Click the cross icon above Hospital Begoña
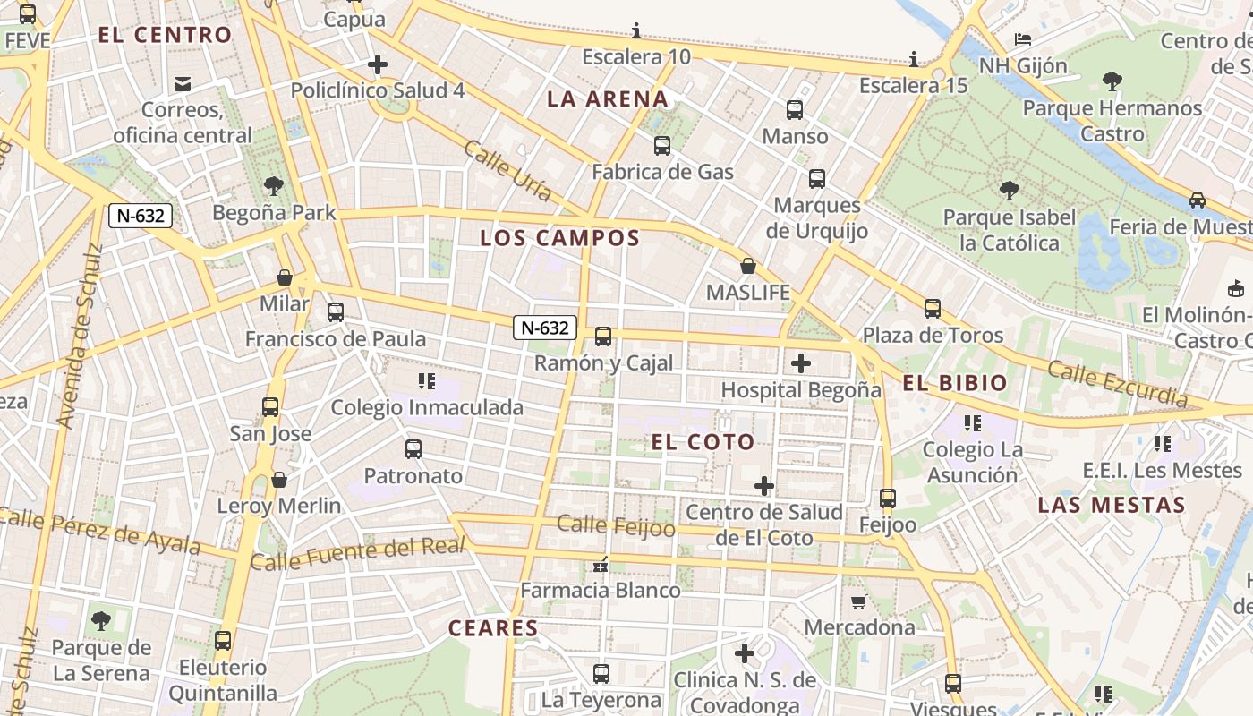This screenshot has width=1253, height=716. (801, 363)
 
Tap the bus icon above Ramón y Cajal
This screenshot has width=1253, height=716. (603, 337)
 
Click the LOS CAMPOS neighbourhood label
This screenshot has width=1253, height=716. (560, 238)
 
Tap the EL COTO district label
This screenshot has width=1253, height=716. (703, 442)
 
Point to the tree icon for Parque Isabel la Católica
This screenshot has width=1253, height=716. (1010, 191)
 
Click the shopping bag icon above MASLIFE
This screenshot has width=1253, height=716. (748, 266)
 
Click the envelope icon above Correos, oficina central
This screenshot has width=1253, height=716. (183, 84)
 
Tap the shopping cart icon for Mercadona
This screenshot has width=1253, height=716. (858, 601)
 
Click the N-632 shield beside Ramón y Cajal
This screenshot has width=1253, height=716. (544, 328)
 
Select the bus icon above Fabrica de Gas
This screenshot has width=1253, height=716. (662, 146)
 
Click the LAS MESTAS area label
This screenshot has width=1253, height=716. (1112, 505)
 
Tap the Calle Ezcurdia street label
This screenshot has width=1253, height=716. (1117, 383)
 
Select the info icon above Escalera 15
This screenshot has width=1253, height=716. (913, 60)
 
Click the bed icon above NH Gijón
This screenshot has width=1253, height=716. (1023, 39)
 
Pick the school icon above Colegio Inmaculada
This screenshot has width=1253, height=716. (427, 382)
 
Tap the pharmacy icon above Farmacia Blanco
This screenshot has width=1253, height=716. (601, 565)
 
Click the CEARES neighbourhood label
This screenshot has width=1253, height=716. (493, 628)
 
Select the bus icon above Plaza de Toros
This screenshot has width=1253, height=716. (933, 309)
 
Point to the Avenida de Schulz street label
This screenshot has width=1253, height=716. (79, 336)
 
